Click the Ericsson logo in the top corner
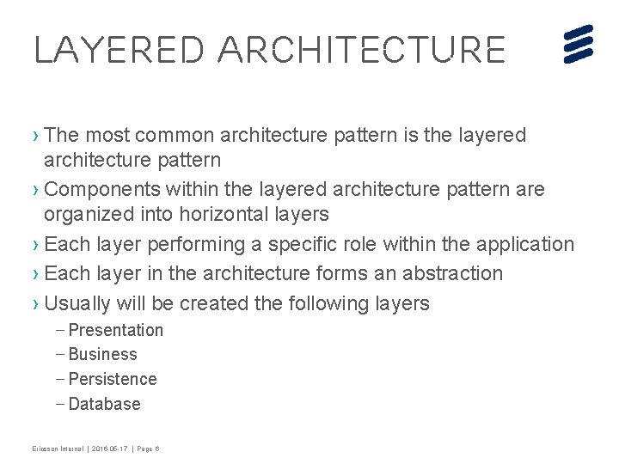(x=579, y=44)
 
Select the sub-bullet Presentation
(x=115, y=330)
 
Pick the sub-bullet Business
(x=102, y=354)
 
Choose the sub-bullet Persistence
(x=112, y=379)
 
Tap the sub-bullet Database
(x=104, y=404)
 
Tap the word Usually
(x=77, y=303)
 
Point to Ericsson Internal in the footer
(x=59, y=449)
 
